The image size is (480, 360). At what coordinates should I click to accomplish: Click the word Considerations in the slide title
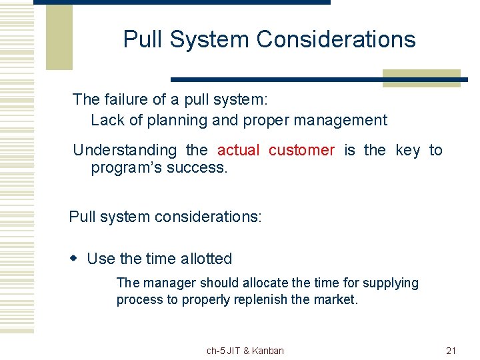click(x=336, y=40)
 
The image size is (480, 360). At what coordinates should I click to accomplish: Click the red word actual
click(x=238, y=151)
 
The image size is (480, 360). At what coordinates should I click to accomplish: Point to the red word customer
click(x=301, y=151)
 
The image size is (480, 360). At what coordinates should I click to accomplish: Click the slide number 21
click(x=451, y=351)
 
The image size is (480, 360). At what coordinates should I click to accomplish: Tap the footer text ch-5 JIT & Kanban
click(x=245, y=351)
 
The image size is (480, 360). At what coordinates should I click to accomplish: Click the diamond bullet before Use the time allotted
click(x=75, y=259)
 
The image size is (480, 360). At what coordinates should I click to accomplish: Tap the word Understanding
click(x=125, y=151)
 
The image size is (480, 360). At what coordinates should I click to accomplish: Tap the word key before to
click(x=407, y=151)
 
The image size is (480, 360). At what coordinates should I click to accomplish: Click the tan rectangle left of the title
click(x=59, y=37)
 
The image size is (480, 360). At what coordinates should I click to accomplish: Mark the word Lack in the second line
click(x=105, y=121)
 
